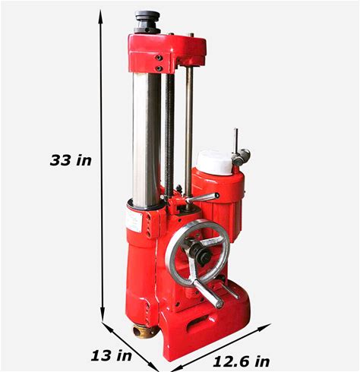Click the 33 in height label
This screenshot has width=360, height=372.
click(71, 160)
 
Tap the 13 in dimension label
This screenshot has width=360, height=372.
click(112, 355)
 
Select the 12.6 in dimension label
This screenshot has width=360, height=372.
click(242, 361)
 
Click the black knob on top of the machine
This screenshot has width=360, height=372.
click(147, 22)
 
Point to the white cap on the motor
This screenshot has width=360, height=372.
click(214, 162)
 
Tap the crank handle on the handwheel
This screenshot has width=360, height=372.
click(209, 295)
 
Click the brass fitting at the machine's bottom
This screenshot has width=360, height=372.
click(145, 331)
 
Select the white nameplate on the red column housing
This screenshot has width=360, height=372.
click(134, 220)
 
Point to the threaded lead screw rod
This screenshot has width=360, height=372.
click(169, 135)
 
